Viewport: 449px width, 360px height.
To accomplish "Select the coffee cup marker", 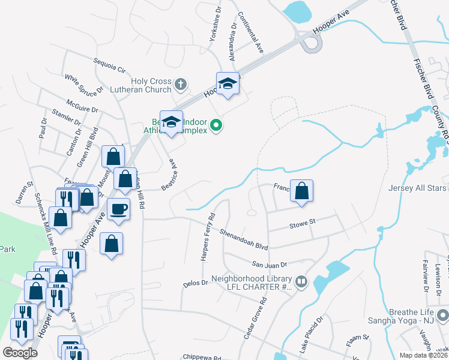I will coord(118,209).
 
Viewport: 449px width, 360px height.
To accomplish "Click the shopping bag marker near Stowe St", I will coord(302,191).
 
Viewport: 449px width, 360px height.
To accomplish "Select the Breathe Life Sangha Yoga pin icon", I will coord(442,314).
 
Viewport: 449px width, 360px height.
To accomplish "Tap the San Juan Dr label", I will coord(270,264).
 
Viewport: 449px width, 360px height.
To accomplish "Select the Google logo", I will coord(20,353).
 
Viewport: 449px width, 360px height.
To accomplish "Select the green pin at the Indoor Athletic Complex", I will coord(217,125).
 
